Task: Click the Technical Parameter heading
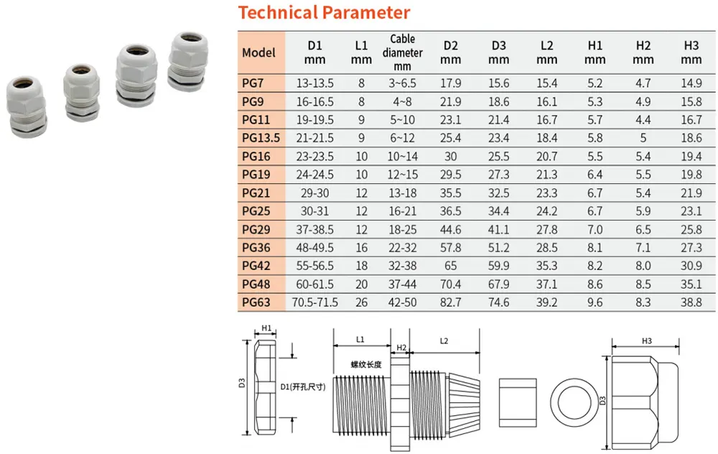[x=324, y=12]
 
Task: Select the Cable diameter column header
[x=402, y=52]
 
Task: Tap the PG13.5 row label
[x=261, y=138]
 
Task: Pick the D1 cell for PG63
[x=314, y=302]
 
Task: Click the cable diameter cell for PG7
[x=402, y=83]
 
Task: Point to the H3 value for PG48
[x=691, y=284]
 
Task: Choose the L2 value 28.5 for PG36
[x=546, y=248]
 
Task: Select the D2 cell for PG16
[x=450, y=157]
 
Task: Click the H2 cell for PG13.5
[x=643, y=138]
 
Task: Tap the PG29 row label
[x=256, y=230]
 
